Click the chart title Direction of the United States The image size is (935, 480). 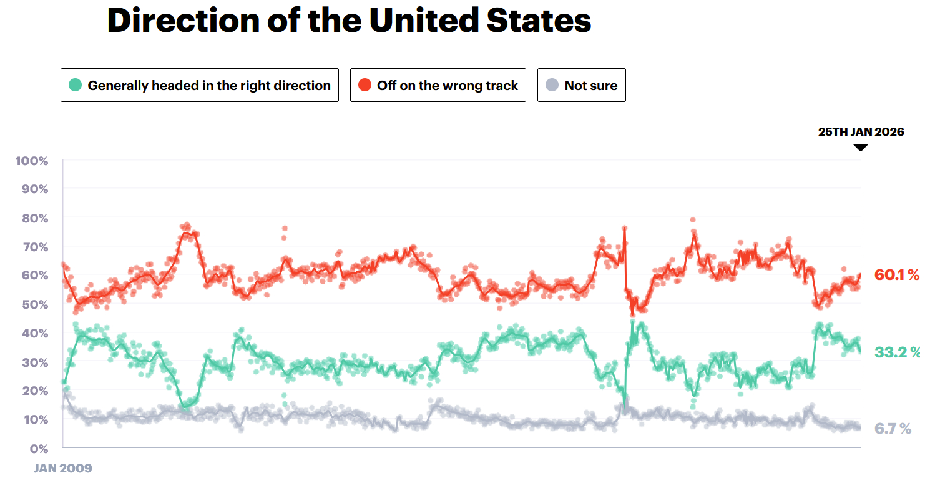click(x=349, y=21)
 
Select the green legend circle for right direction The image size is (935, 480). click(x=75, y=85)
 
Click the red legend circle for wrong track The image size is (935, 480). click(x=365, y=85)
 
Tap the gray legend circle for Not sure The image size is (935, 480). click(x=552, y=85)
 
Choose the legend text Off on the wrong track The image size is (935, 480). click(x=448, y=86)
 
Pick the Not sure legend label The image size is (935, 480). click(x=591, y=86)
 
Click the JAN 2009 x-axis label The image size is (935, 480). click(x=62, y=468)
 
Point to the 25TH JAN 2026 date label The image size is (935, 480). click(x=861, y=132)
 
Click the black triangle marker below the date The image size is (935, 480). click(x=861, y=147)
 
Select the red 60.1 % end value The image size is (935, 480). click(x=897, y=275)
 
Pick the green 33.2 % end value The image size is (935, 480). click(x=897, y=352)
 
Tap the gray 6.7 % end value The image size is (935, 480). click(x=893, y=429)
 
